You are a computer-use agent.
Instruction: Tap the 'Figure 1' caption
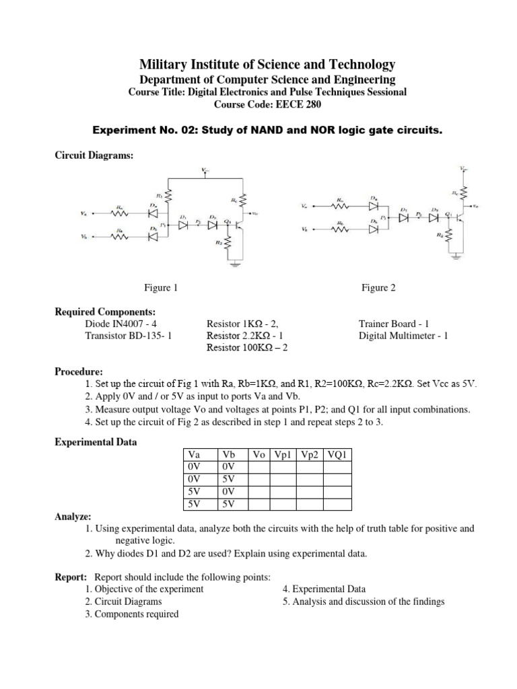tap(162, 288)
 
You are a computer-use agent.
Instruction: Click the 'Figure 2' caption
tap(378, 288)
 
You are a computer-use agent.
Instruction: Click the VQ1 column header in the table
tap(337, 454)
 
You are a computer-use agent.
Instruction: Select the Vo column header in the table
tap(258, 454)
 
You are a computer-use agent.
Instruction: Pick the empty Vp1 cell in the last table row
tap(283, 504)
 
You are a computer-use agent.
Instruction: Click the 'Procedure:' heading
tap(79, 371)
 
